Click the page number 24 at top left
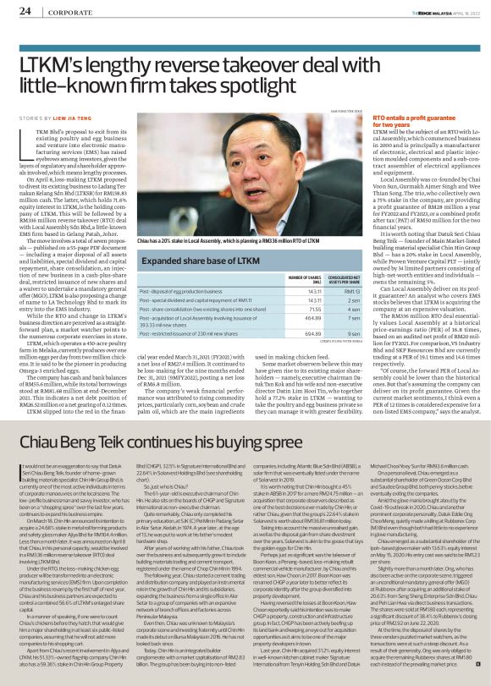[25, 11]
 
